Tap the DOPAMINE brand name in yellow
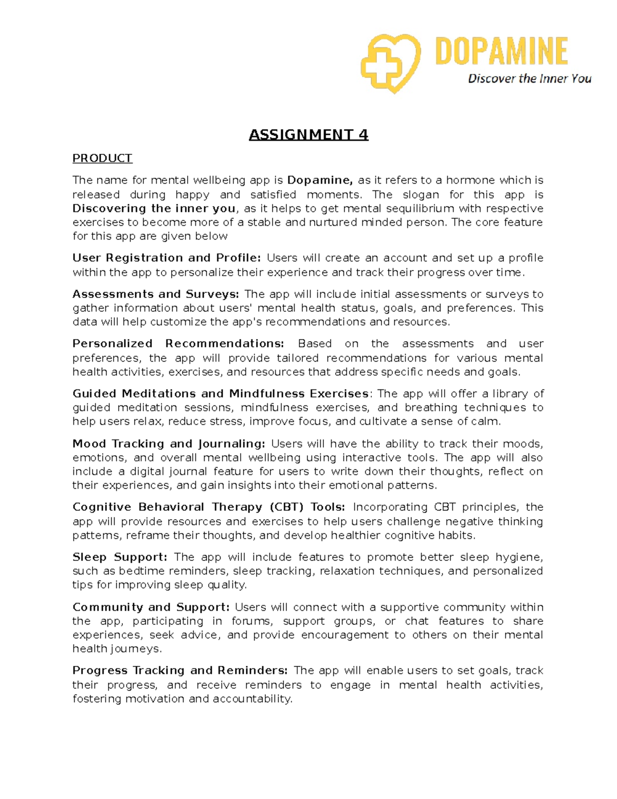pyautogui.click(x=501, y=51)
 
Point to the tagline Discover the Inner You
pyautogui.click(x=529, y=79)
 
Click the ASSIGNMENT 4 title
pyautogui.click(x=308, y=135)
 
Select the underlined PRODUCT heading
pyautogui.click(x=102, y=158)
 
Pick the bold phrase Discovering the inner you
pyautogui.click(x=154, y=208)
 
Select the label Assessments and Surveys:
pyautogui.click(x=156, y=294)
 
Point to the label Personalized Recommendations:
pyautogui.click(x=178, y=344)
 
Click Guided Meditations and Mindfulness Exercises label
pyautogui.click(x=221, y=394)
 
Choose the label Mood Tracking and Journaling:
pyautogui.click(x=169, y=443)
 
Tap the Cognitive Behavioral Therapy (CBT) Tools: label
pyautogui.click(x=209, y=507)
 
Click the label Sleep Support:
pyautogui.click(x=120, y=557)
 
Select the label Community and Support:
pyautogui.click(x=151, y=607)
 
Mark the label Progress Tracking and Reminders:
pyautogui.click(x=180, y=670)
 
